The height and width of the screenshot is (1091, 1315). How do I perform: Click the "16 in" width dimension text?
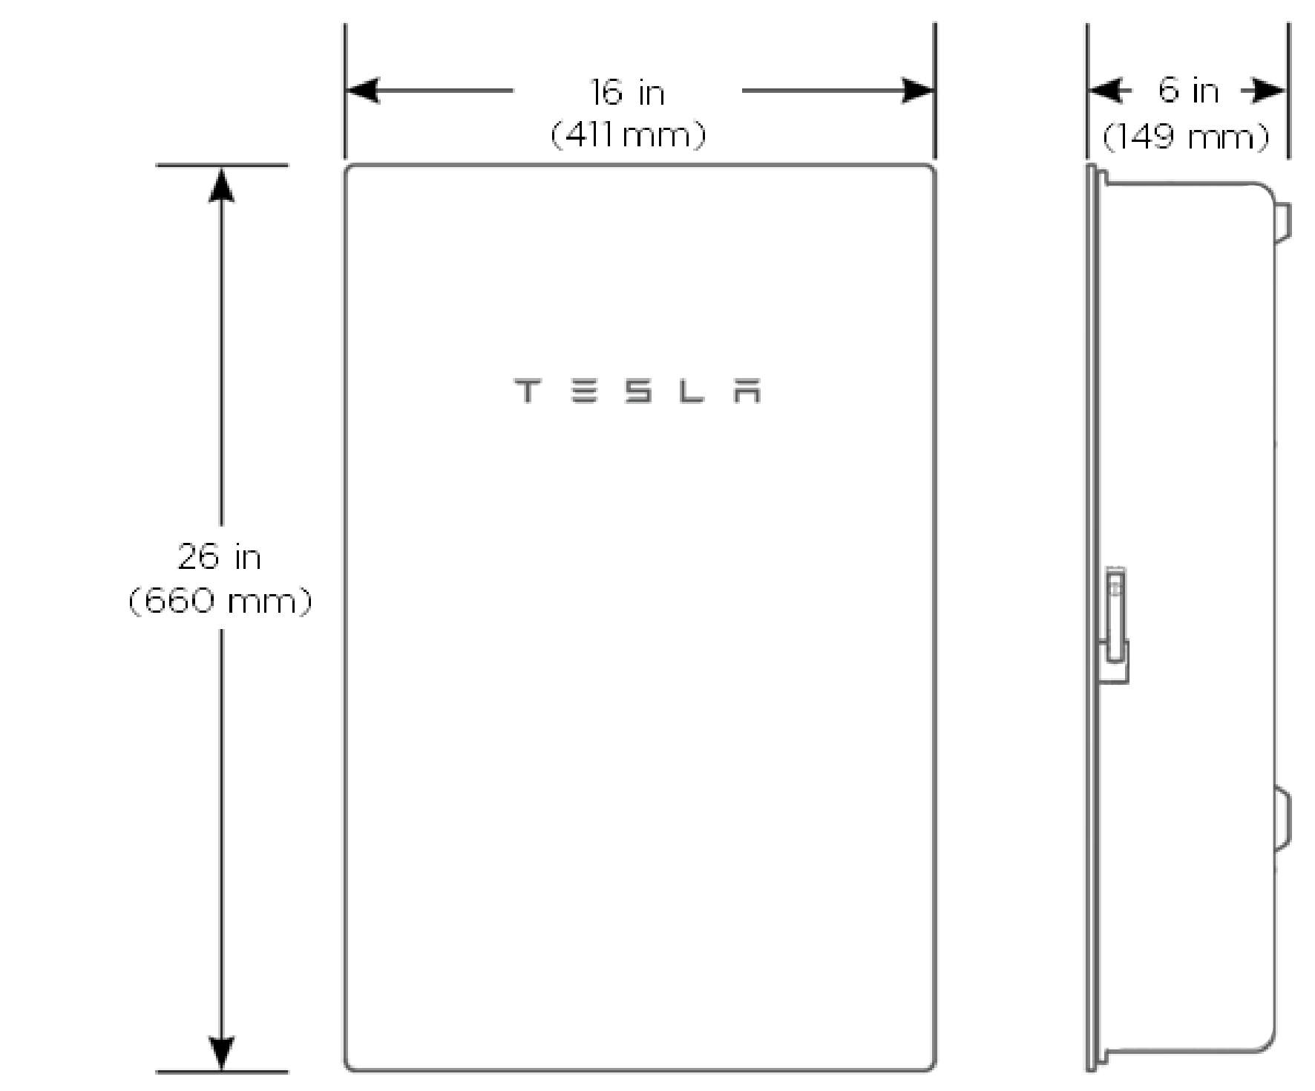point(628,93)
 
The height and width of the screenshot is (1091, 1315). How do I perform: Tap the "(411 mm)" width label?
point(629,135)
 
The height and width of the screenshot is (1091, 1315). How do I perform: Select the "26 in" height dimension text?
point(220,557)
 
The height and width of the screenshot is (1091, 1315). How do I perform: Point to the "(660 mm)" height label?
point(220,600)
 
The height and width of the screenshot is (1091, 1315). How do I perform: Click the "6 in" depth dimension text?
point(1189,91)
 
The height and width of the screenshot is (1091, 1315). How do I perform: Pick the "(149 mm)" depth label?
point(1187,137)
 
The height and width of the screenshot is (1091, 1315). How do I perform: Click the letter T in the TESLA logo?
point(527,391)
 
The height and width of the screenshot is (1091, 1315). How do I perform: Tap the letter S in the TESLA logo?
point(638,391)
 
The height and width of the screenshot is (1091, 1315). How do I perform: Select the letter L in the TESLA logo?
point(692,391)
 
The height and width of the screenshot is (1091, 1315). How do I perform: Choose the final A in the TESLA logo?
point(748,391)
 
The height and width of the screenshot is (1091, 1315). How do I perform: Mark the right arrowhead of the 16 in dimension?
point(916,91)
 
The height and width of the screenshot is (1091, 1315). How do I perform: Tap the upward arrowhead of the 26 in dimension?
point(221,185)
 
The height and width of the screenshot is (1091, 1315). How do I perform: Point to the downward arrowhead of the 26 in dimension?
point(221,1052)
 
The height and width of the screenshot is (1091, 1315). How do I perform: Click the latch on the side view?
point(1115,625)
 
